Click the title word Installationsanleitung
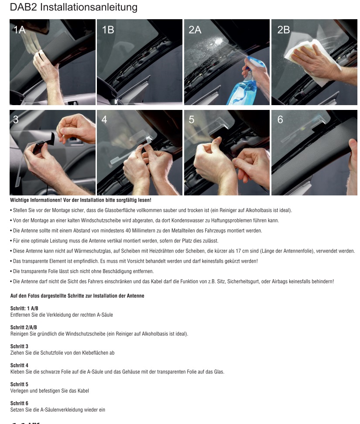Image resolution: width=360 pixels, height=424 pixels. tap(89, 7)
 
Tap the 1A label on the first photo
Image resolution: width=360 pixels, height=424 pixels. tap(20, 30)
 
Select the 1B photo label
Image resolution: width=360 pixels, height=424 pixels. tap(108, 30)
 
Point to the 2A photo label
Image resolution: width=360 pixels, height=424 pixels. tap(195, 30)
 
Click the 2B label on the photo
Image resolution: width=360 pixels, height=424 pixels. tap(284, 30)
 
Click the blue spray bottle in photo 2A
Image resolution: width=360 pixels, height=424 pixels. tap(243, 82)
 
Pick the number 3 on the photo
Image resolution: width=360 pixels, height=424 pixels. tap(16, 120)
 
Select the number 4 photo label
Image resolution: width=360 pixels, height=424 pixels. tap(104, 120)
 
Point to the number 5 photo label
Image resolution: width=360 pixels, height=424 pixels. tap(192, 120)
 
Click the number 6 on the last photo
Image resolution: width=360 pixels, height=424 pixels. tap(280, 120)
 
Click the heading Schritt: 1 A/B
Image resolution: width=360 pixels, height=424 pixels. tap(24, 308)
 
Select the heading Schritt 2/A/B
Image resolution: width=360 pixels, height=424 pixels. tap(24, 327)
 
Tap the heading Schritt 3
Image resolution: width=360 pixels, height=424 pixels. tap(19, 346)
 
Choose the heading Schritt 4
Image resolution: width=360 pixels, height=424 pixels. tap(19, 365)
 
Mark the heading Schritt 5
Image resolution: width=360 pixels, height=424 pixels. tap(19, 384)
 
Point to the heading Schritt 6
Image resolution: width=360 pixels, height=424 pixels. tap(19, 403)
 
